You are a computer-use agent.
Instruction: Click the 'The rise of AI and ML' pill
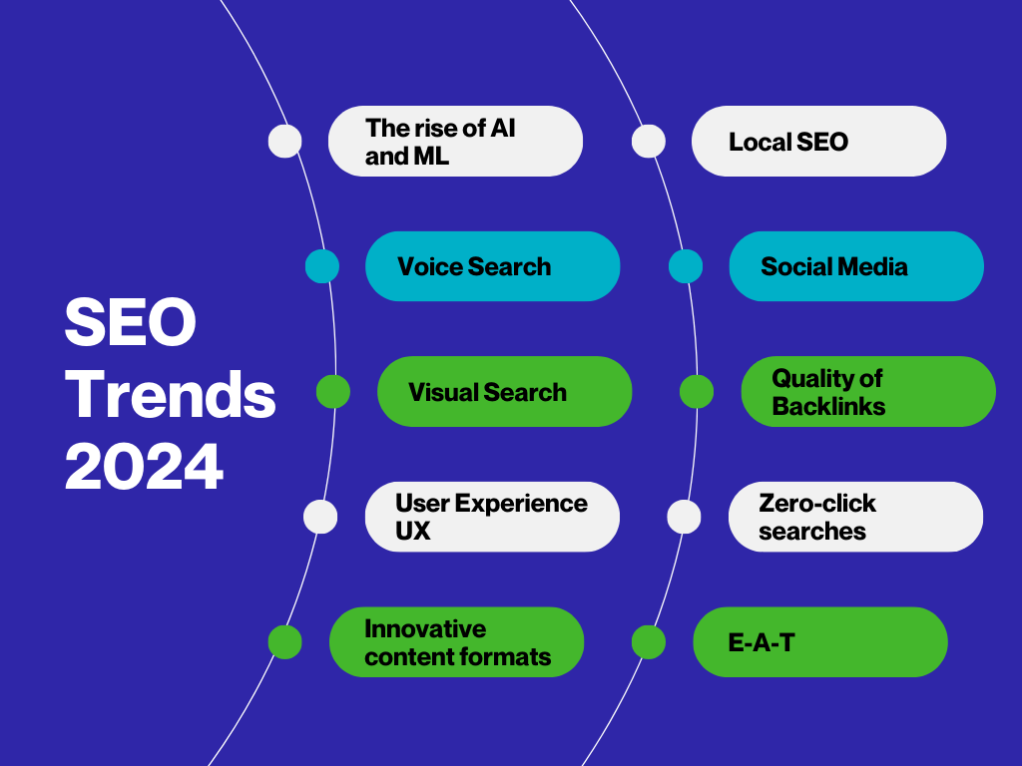click(455, 142)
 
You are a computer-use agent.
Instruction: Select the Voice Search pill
click(493, 266)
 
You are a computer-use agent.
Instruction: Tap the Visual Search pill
click(504, 391)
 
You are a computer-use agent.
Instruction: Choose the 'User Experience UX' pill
click(493, 517)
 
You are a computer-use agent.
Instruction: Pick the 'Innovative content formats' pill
click(456, 642)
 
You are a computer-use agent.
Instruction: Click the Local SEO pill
click(818, 142)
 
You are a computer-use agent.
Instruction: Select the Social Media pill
click(856, 266)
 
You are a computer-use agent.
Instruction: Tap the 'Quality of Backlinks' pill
click(868, 391)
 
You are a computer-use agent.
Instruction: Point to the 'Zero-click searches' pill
click(855, 517)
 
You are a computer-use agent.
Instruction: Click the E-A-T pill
click(820, 642)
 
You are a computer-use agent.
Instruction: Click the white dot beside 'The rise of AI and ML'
click(284, 142)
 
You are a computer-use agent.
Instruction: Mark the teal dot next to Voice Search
click(322, 266)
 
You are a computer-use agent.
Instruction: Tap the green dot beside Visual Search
click(333, 391)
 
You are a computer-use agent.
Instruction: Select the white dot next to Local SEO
click(649, 142)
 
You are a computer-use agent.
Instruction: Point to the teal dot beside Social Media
click(686, 266)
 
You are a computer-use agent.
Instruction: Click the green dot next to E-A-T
click(649, 642)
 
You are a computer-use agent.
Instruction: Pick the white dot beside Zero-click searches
click(684, 517)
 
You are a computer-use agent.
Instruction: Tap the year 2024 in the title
click(144, 467)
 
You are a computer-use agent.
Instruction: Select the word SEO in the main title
click(131, 322)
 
